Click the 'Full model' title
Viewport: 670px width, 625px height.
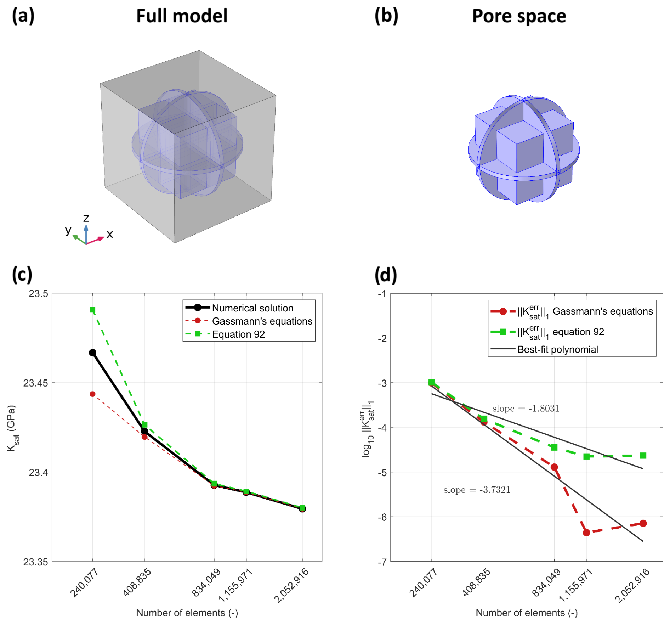(182, 16)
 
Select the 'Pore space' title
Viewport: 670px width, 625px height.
(519, 16)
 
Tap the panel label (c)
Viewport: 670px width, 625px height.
(22, 275)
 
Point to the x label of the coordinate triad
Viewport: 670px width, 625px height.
(110, 234)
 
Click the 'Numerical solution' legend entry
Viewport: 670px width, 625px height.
(252, 308)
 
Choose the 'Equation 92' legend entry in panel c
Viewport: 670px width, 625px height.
(238, 334)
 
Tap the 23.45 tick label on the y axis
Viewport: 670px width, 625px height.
(35, 383)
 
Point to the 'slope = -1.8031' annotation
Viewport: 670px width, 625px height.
(526, 409)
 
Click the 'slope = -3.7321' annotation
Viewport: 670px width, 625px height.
(477, 490)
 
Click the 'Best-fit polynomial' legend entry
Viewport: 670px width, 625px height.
(557, 349)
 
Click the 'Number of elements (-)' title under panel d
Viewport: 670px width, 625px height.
(526, 613)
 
